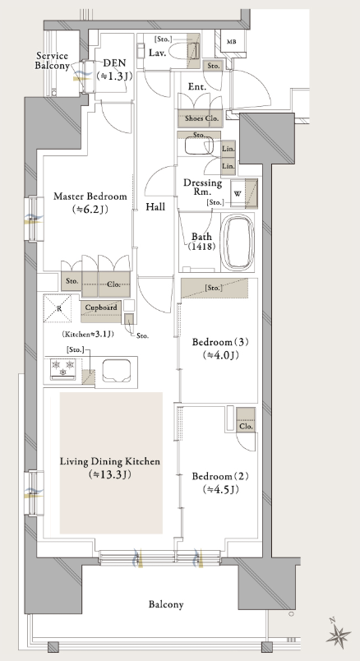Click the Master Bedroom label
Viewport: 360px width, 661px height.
click(90, 196)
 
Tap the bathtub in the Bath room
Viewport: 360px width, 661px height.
click(238, 243)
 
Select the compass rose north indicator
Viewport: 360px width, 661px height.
click(339, 635)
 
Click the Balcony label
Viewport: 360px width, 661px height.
click(166, 604)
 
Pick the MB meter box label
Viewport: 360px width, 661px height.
click(232, 42)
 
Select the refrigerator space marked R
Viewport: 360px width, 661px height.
click(58, 308)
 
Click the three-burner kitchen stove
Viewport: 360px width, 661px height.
click(63, 368)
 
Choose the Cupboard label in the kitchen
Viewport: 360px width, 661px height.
click(101, 307)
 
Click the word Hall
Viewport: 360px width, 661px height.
click(155, 206)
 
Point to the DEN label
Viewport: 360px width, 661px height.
click(114, 63)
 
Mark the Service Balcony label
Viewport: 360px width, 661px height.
click(53, 61)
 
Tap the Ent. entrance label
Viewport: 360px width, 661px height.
click(197, 87)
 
